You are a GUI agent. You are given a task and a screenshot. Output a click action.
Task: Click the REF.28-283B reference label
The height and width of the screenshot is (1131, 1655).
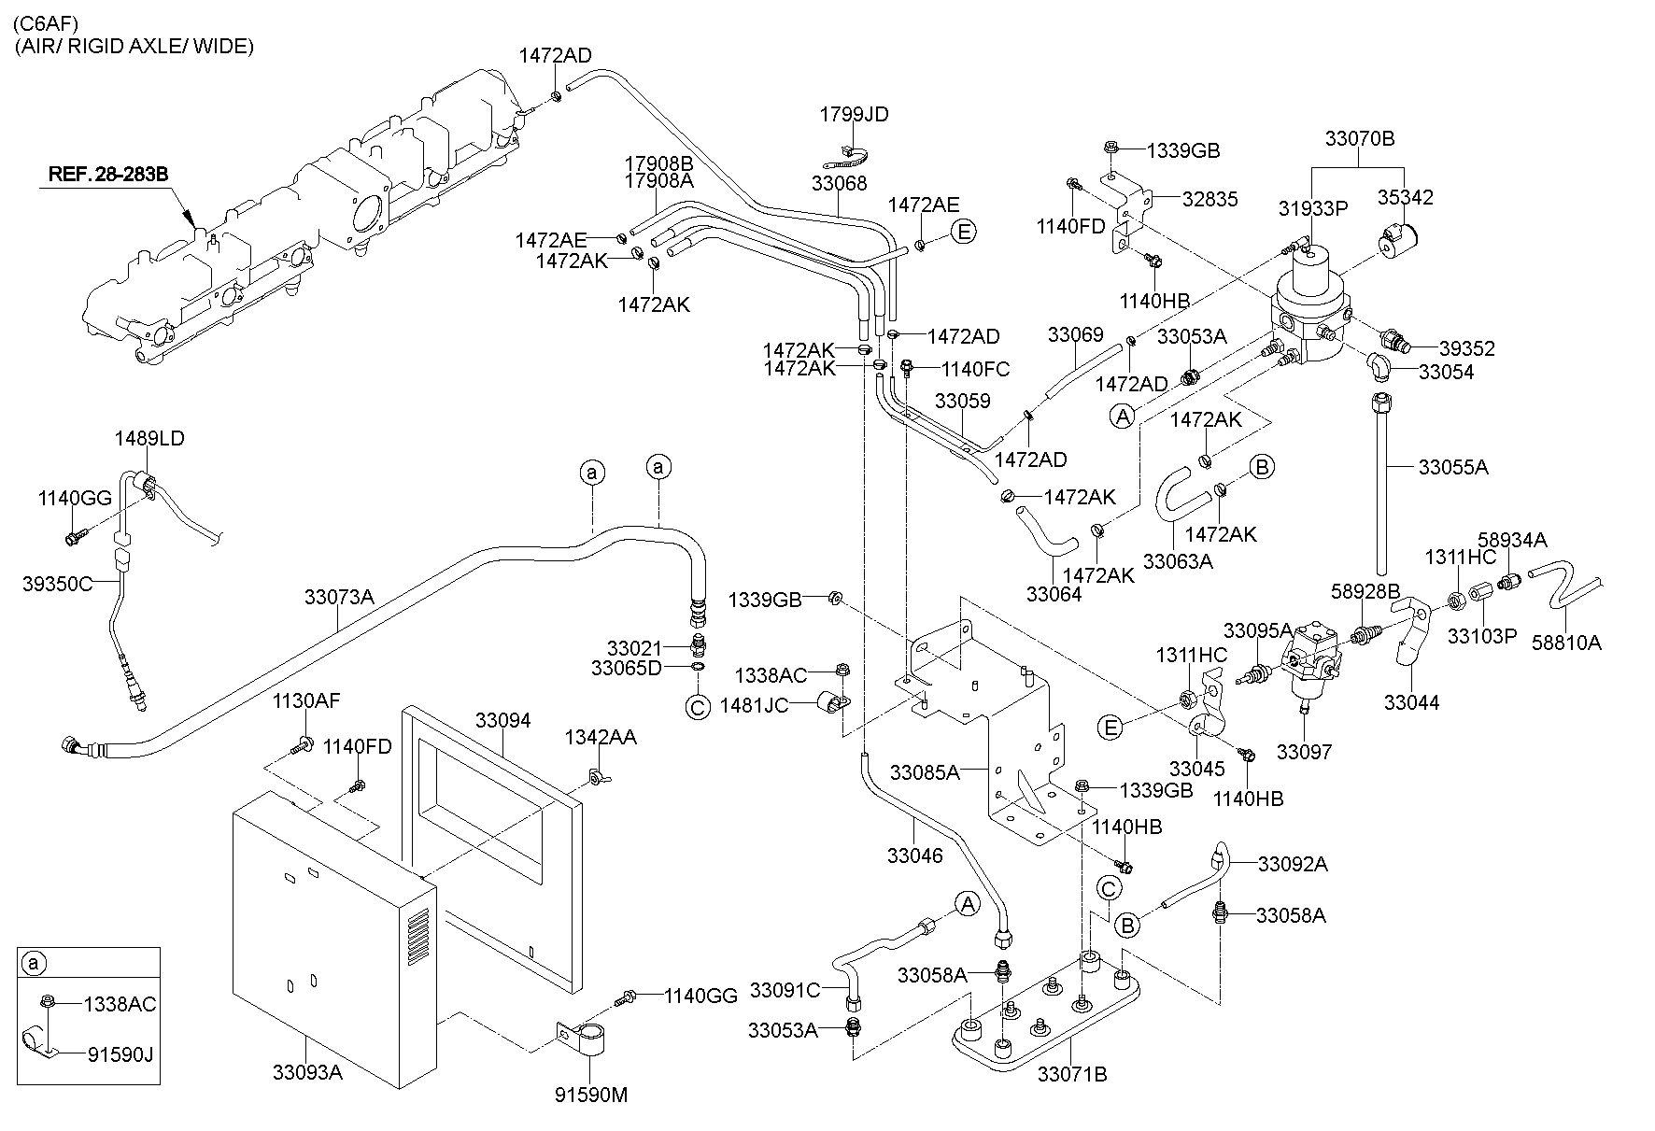click(108, 174)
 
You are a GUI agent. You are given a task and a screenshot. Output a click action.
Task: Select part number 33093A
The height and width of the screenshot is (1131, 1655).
click(308, 1072)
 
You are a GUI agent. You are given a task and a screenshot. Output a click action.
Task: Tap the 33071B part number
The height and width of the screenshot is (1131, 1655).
click(1072, 1074)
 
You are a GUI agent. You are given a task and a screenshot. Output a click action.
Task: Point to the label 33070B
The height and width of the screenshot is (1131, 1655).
click(1359, 139)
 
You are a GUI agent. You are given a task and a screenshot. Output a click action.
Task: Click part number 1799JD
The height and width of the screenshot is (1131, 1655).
click(854, 114)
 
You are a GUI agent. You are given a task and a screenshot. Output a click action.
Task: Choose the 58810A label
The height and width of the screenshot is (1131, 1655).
click(1567, 643)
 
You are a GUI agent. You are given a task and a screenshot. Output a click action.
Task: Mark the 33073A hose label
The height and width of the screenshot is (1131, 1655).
click(339, 596)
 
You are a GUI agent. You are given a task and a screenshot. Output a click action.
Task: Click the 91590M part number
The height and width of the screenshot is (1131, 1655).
click(592, 1095)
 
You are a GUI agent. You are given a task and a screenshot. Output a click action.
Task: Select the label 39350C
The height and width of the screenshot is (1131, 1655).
click(57, 584)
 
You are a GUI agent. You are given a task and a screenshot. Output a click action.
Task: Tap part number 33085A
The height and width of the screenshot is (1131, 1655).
click(925, 772)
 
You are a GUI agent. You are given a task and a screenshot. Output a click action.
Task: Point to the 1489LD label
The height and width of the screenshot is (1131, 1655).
click(149, 438)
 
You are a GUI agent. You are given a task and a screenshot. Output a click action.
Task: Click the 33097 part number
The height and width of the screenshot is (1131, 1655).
click(1304, 751)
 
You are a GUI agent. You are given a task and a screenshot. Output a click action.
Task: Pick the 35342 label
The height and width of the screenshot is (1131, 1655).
click(1406, 197)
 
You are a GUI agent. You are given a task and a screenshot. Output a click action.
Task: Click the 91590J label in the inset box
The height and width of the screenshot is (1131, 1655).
click(120, 1054)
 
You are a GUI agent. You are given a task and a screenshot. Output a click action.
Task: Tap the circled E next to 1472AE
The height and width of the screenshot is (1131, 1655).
click(962, 232)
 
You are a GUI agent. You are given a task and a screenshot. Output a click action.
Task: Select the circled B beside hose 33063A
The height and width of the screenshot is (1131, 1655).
click(1262, 466)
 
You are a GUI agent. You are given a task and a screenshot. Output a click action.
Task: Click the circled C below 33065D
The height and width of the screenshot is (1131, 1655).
click(698, 707)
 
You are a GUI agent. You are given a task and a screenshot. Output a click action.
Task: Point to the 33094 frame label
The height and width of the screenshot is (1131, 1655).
click(502, 720)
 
